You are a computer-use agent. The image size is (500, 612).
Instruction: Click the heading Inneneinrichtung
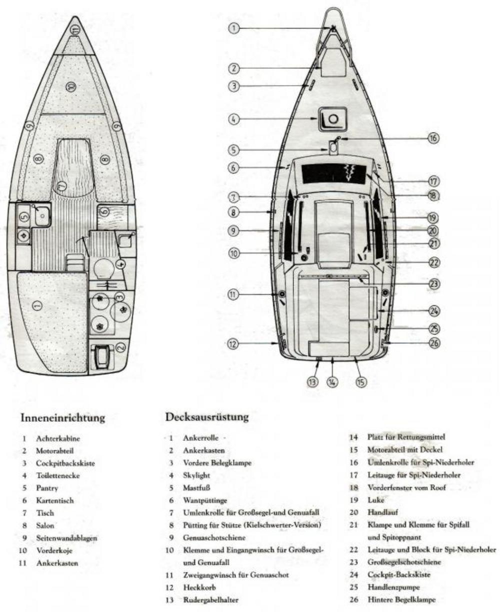(x=62, y=418)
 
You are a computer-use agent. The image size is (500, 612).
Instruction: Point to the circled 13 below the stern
(x=312, y=382)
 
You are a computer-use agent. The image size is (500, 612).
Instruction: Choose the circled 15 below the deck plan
(x=360, y=382)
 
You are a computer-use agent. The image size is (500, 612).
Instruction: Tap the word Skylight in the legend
(x=196, y=476)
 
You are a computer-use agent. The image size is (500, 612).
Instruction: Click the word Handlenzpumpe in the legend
(x=392, y=587)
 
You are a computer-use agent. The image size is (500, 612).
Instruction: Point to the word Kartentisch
(x=52, y=500)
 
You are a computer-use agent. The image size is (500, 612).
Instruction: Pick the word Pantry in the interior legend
(x=47, y=488)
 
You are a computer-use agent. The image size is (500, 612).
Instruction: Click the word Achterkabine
(x=58, y=438)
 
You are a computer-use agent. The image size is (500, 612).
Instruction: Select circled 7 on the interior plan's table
(x=61, y=186)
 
